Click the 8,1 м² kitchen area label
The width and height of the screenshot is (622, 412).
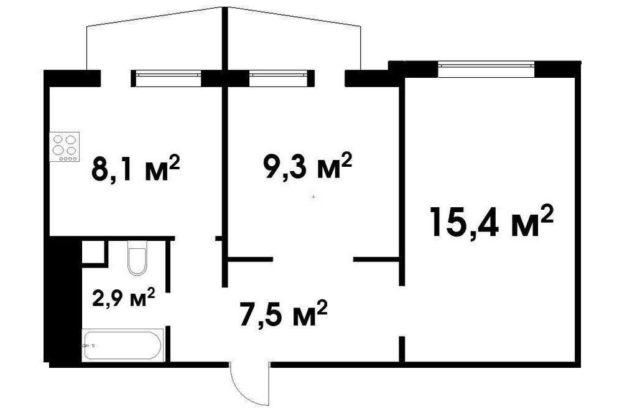point(136,168)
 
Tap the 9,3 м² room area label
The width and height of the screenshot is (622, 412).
point(307,166)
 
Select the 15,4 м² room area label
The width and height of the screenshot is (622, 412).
point(491,222)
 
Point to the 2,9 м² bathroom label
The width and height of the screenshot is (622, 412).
point(123,297)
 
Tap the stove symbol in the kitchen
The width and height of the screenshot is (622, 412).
point(64,146)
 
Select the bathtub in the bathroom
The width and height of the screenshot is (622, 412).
point(123,345)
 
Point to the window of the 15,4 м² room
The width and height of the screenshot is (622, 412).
point(486,69)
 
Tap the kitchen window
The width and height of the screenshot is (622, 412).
point(169,78)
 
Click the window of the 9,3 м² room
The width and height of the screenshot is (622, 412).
point(279,78)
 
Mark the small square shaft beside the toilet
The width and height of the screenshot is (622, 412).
point(95,251)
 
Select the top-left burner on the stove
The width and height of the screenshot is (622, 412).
point(58,139)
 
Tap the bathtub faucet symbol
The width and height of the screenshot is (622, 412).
point(88,345)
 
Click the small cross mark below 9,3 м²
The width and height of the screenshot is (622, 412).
point(313,197)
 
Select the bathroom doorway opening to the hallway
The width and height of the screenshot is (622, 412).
point(168,309)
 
